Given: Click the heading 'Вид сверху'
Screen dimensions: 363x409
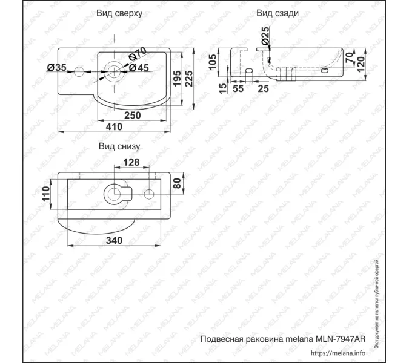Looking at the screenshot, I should click(x=119, y=13).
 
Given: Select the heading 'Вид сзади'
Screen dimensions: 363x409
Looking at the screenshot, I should click(x=277, y=13).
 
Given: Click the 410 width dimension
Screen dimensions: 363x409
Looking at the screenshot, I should click(x=114, y=127).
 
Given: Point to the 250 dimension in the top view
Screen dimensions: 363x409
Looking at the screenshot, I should click(x=132, y=115).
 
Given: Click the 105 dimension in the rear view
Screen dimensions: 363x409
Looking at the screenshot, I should click(x=213, y=60).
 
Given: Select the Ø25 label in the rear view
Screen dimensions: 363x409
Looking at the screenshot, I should click(x=265, y=38).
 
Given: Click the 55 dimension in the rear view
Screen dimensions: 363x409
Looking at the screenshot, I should click(x=238, y=88).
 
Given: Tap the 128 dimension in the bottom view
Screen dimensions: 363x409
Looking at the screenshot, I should click(x=131, y=162).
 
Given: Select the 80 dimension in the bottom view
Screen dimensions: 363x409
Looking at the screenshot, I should click(x=177, y=183).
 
